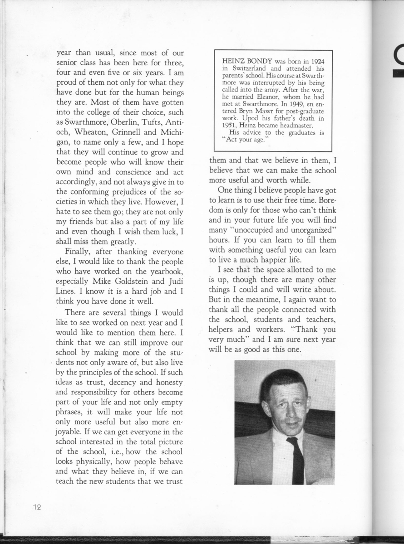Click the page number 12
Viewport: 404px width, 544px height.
[37, 507]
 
